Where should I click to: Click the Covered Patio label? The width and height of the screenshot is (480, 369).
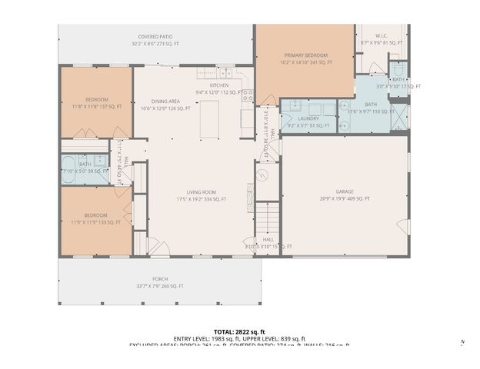(x=156, y=40)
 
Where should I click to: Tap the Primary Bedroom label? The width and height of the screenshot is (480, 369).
(x=305, y=59)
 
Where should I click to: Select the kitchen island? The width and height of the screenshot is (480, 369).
(x=209, y=118)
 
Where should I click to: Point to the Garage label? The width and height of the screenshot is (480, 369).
(x=345, y=195)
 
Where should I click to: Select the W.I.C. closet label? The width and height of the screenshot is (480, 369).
(x=382, y=39)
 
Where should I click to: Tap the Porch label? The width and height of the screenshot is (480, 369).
(x=160, y=282)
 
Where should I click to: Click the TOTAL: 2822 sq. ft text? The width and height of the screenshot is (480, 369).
(x=239, y=331)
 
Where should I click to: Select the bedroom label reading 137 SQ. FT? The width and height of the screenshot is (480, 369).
(x=96, y=103)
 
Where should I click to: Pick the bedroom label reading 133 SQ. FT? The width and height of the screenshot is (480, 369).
(x=96, y=219)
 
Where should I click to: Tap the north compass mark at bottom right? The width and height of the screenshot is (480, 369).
(x=462, y=342)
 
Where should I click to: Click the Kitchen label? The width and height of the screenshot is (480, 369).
(x=220, y=88)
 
